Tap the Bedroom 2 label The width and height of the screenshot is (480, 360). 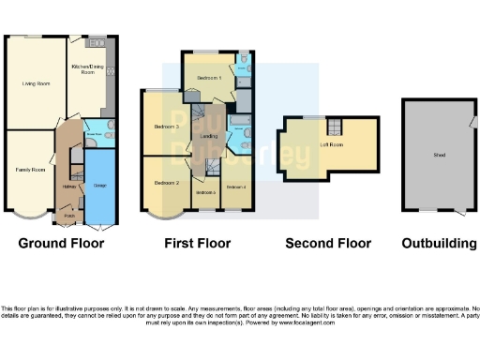pos(166,182)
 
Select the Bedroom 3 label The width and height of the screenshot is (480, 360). pos(166,125)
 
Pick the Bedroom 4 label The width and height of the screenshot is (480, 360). pos(236,187)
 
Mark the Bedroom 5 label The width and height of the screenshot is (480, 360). pos(205,192)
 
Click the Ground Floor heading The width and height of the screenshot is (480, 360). pos(62,244)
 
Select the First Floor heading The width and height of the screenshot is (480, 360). pos(197,244)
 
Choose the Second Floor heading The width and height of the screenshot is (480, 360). pos(328,244)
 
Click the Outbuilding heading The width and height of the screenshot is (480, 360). pos(439,244)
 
